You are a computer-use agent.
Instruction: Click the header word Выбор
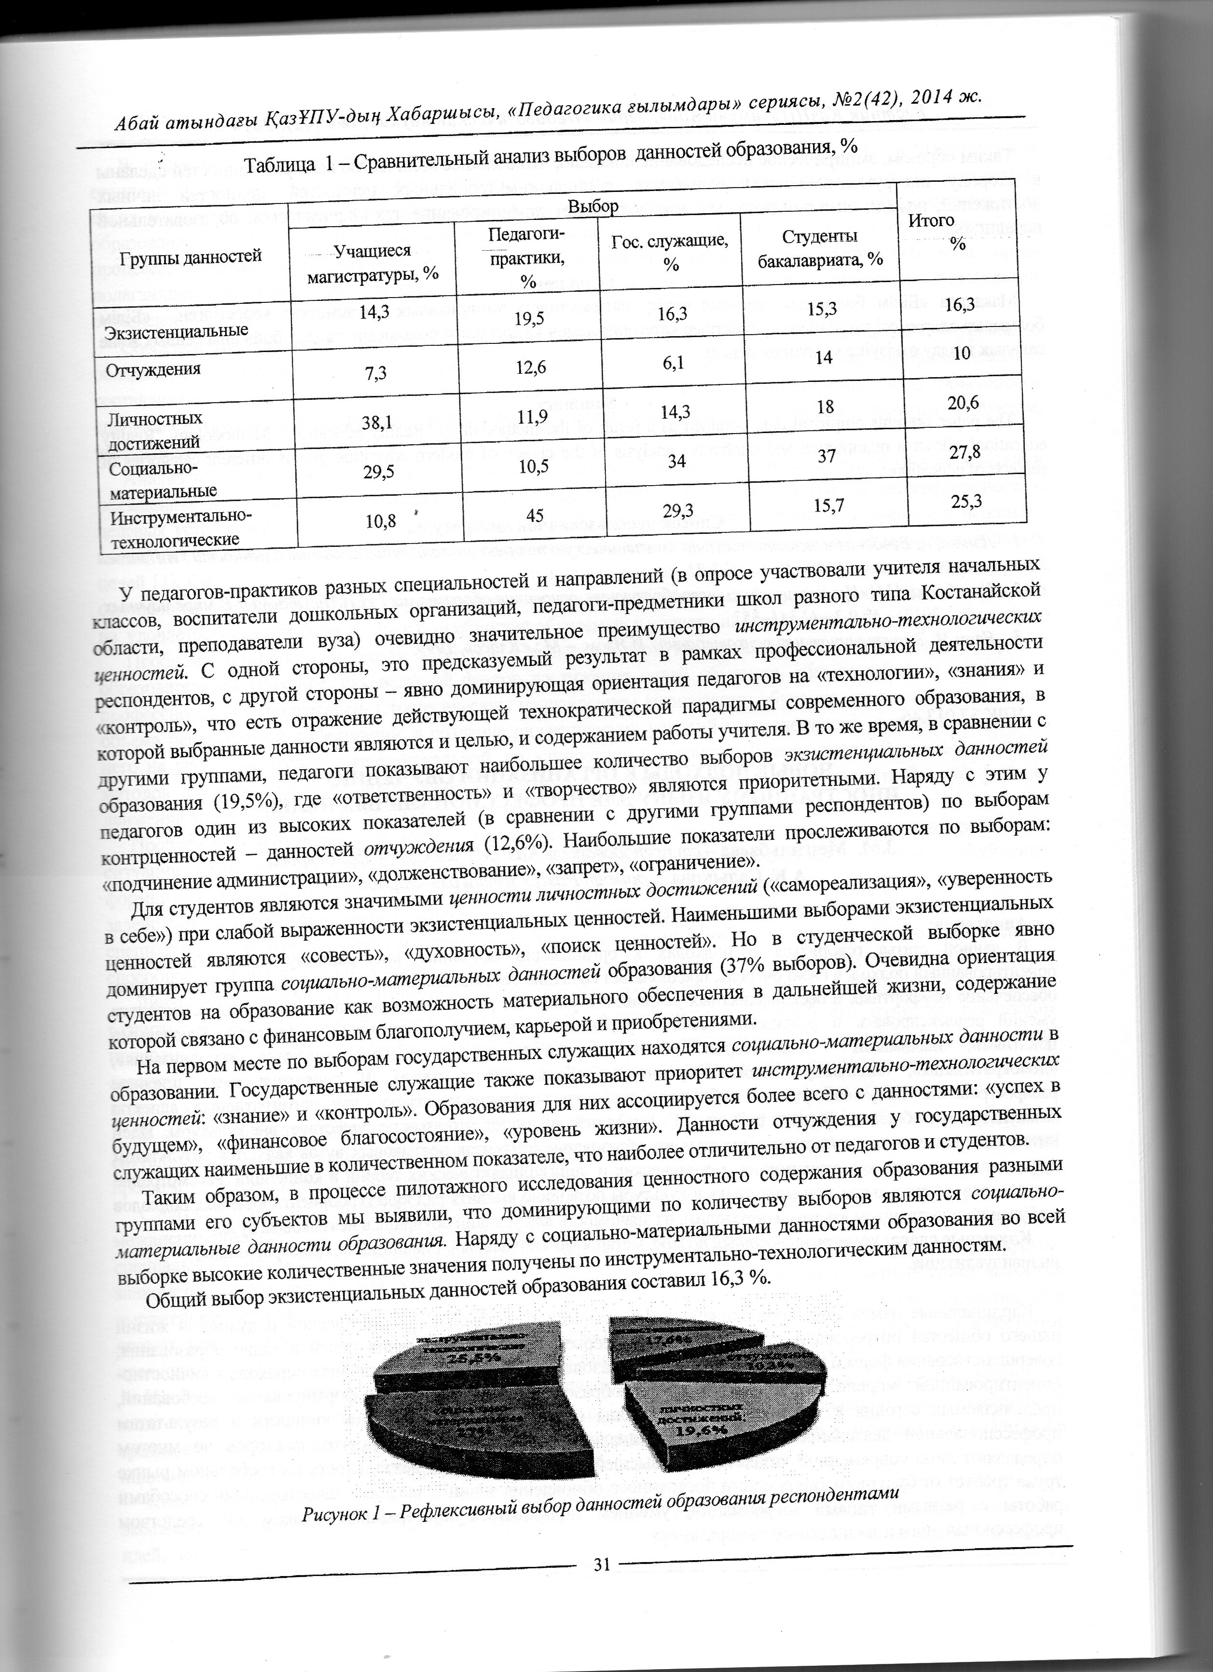tap(592, 207)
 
